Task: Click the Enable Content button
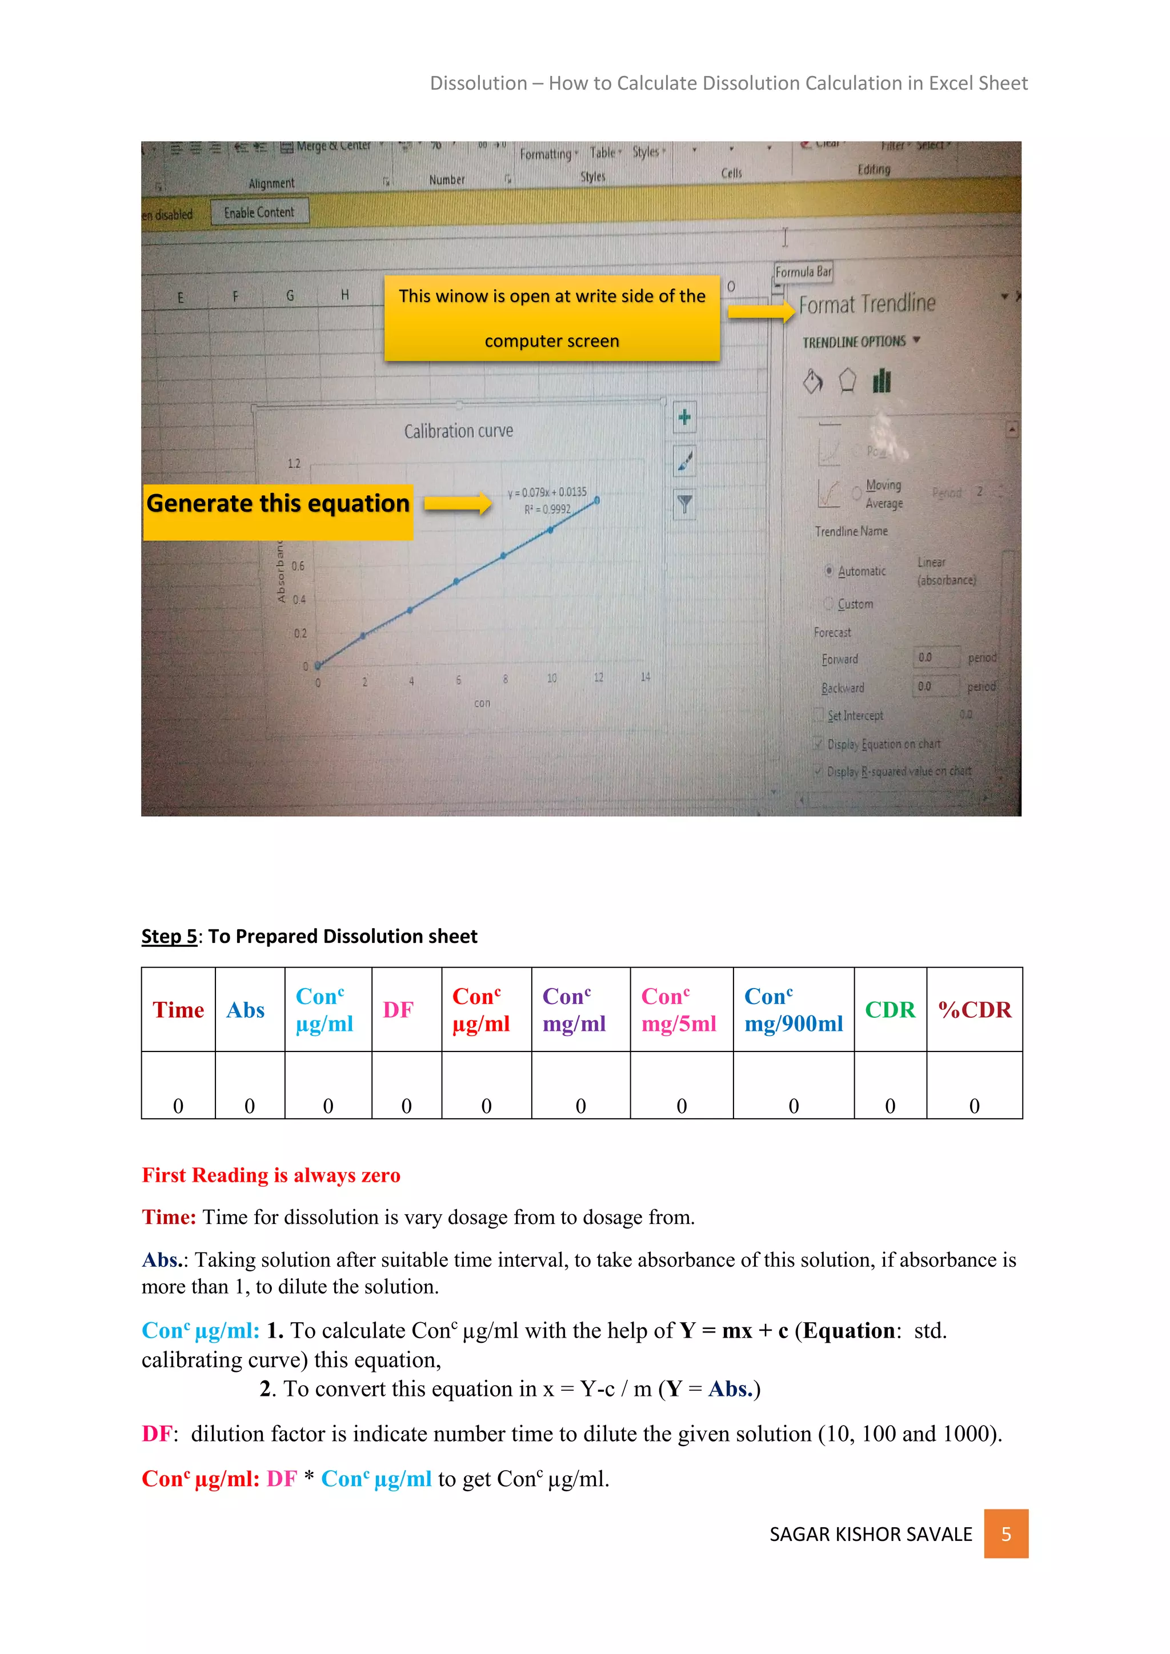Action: pyautogui.click(x=259, y=212)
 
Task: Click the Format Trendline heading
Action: pyautogui.click(x=867, y=304)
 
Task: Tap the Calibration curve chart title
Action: pyautogui.click(x=458, y=431)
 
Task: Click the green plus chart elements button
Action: pyautogui.click(x=684, y=417)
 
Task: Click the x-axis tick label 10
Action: pyautogui.click(x=552, y=678)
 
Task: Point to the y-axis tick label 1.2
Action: pyautogui.click(x=294, y=463)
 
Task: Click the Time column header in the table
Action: pyautogui.click(x=178, y=1009)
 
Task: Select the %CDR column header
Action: pyautogui.click(x=974, y=1009)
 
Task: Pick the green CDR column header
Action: pyautogui.click(x=889, y=1009)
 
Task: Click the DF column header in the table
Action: pyautogui.click(x=398, y=1009)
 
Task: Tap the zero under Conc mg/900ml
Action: pyautogui.click(x=793, y=1105)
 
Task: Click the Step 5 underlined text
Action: pyautogui.click(x=169, y=936)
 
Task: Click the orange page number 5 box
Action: pyautogui.click(x=1005, y=1533)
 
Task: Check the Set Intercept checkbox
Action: pyautogui.click(x=819, y=714)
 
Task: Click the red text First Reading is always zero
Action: pyautogui.click(x=271, y=1175)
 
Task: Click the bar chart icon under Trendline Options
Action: pyautogui.click(x=882, y=380)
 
